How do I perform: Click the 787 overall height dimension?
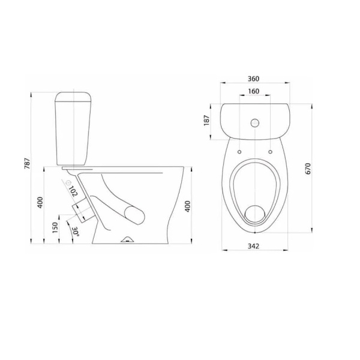28,163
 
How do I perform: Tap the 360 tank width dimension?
253,79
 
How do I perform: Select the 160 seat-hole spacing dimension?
253,91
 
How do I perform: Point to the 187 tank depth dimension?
206,121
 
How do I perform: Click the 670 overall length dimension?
308,169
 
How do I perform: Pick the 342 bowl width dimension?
253,246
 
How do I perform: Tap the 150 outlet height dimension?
55,227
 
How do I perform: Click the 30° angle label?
76,232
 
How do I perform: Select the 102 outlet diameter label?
74,191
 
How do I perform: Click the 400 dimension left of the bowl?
40,203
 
